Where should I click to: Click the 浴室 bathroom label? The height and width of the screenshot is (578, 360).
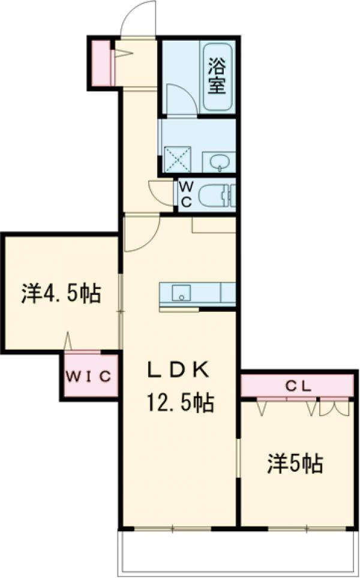pyautogui.click(x=217, y=74)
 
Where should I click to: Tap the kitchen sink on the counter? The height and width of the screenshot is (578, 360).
pyautogui.click(x=181, y=293)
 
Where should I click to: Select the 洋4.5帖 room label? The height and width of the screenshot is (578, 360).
pyautogui.click(x=61, y=294)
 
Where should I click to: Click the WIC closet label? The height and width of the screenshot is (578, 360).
pyautogui.click(x=89, y=377)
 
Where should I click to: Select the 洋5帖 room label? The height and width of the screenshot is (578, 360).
pyautogui.click(x=295, y=463)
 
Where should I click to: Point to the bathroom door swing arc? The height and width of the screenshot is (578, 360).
pyautogui.click(x=180, y=99)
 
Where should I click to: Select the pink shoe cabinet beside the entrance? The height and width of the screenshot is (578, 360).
pyautogui.click(x=101, y=63)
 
